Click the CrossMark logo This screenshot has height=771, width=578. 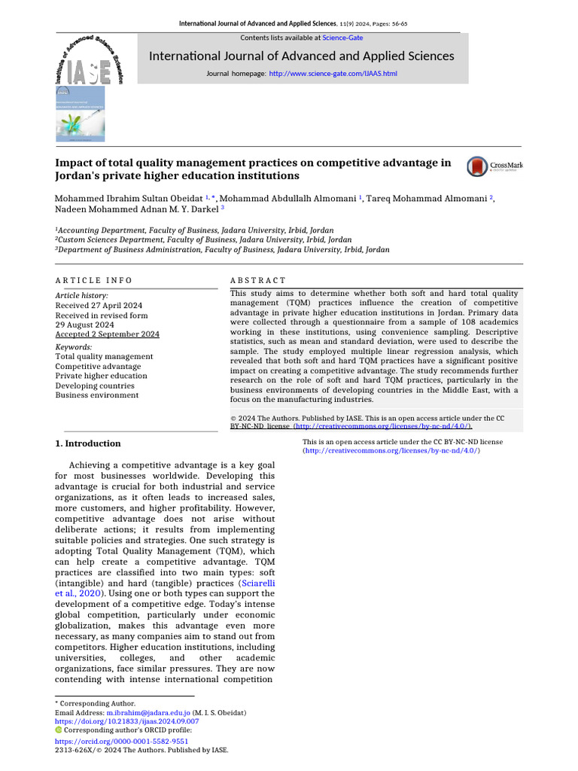[x=494, y=166]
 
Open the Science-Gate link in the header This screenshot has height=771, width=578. [x=342, y=38]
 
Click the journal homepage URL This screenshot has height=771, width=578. [x=333, y=74]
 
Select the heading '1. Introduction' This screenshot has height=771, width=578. [x=88, y=443]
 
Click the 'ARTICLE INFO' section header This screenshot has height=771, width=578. [x=94, y=280]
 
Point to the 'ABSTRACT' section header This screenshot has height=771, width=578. [x=258, y=280]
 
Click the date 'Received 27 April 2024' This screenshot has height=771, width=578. [x=99, y=306]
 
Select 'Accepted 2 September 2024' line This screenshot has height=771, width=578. [x=107, y=334]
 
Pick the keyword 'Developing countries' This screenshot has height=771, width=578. [x=95, y=385]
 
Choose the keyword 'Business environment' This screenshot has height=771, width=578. [x=97, y=395]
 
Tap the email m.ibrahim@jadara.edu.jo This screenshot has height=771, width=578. [x=148, y=712]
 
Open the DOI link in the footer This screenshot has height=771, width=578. [x=127, y=721]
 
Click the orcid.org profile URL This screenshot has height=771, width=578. [x=122, y=741]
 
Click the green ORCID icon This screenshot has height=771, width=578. [x=59, y=730]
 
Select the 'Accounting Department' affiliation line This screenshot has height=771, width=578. [x=195, y=230]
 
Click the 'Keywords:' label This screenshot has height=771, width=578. [x=74, y=347]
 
